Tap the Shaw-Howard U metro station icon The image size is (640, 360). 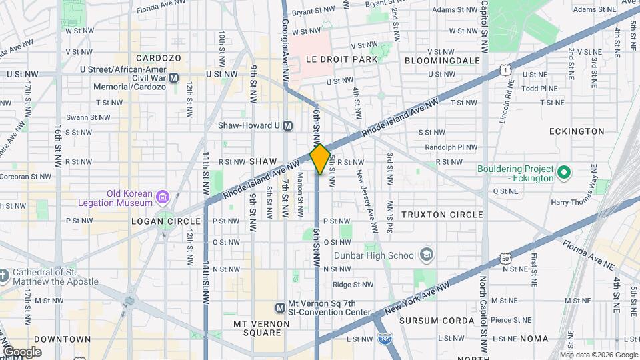coord(288,125)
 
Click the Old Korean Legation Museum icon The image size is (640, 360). coord(163,196)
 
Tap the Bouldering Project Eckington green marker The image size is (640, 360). coord(564,173)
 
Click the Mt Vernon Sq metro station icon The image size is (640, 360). coord(281,307)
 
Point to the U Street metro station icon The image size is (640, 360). coord(174,78)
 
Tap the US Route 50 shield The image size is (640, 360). coord(506,258)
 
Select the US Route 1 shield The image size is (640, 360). coord(507,69)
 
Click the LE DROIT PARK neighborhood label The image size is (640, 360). coord(341,59)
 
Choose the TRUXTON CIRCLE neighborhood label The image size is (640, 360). coord(442,215)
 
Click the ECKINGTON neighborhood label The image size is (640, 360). coord(577,131)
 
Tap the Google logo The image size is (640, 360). coord(22,351)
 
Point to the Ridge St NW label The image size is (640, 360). coord(353,285)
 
